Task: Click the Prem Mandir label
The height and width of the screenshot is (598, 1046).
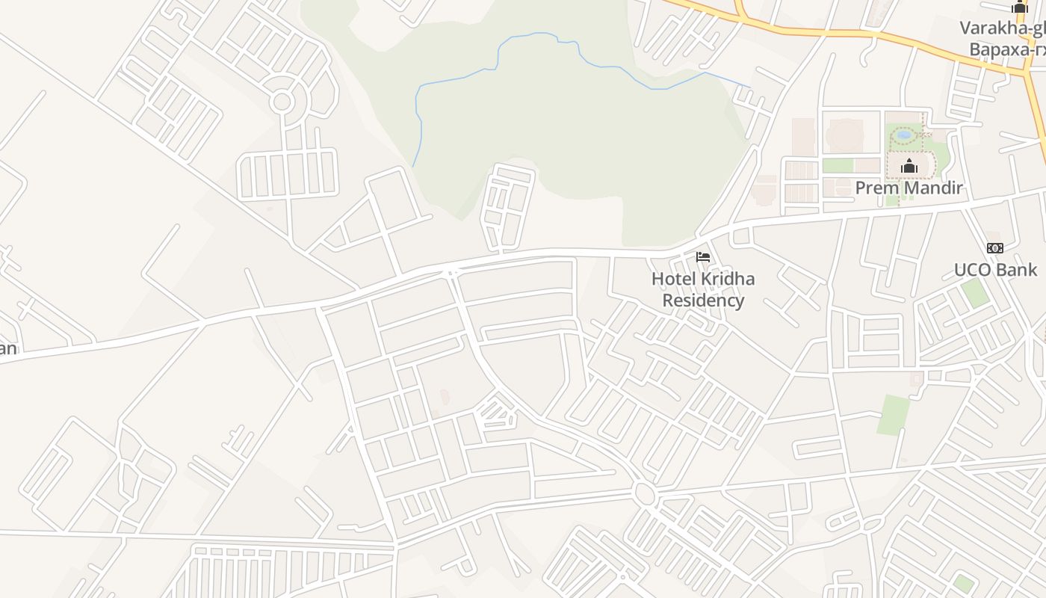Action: coord(909,188)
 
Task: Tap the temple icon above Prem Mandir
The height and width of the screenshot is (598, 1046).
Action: coord(909,166)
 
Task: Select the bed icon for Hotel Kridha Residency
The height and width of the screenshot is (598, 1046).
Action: coord(702,257)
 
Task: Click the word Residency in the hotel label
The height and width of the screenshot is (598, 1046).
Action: coord(703,300)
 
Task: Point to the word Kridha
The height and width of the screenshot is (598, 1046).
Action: coord(723,279)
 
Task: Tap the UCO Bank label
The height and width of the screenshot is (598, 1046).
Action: coord(995,270)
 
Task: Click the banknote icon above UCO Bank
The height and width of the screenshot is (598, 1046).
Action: coord(994,247)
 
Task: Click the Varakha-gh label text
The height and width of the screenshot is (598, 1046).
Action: coord(1002,28)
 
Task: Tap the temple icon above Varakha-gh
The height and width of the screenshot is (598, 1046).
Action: coord(1020,7)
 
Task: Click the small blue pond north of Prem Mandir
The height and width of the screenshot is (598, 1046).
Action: coord(904,135)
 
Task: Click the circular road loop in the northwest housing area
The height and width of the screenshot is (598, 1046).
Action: coord(282,102)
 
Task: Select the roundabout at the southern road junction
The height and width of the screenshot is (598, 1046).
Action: coord(644,494)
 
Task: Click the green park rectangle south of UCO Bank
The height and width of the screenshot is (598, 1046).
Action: coord(974,292)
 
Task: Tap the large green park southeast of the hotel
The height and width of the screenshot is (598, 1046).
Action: coord(894,415)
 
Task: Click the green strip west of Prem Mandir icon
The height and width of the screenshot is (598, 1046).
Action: coord(838,165)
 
